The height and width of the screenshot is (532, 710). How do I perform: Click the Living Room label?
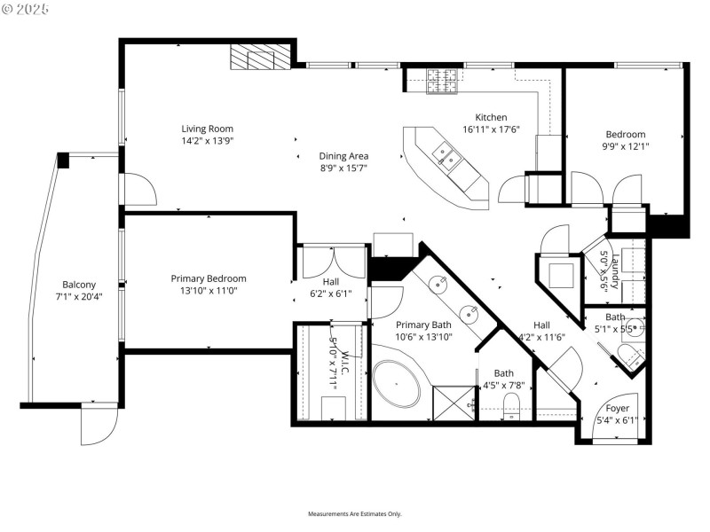click(207, 129)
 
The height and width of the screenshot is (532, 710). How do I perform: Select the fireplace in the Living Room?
click(260, 58)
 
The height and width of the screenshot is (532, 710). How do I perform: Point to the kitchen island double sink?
click(446, 158)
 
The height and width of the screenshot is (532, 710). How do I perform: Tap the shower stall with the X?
click(454, 403)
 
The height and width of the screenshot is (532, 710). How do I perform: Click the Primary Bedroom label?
click(209, 278)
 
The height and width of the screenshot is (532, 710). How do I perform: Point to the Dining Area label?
click(343, 156)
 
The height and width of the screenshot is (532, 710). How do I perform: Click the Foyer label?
click(618, 409)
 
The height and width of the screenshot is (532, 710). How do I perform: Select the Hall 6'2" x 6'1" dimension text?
click(330, 293)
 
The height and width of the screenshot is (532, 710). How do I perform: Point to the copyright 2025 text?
click(26, 8)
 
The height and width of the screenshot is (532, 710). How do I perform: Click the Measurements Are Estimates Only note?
click(355, 514)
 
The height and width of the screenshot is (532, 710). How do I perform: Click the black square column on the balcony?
click(63, 160)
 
